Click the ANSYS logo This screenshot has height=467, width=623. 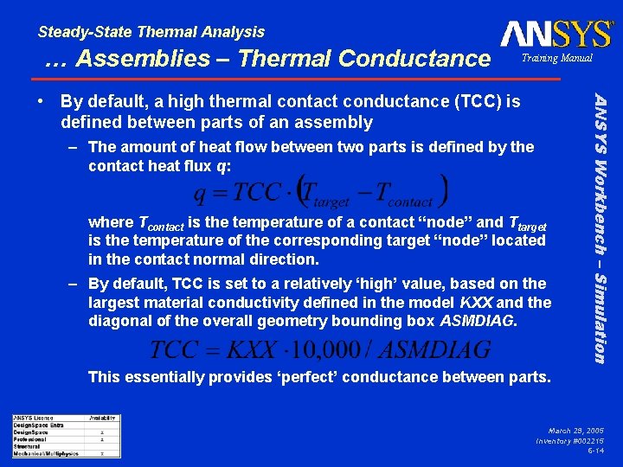coord(556,34)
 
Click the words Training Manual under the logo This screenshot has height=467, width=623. coord(556,59)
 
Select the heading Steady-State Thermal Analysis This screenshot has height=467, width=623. coord(151,32)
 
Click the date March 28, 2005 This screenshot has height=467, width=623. coord(575,430)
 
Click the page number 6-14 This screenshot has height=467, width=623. coord(595,451)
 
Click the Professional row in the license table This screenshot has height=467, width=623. coord(29,438)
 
